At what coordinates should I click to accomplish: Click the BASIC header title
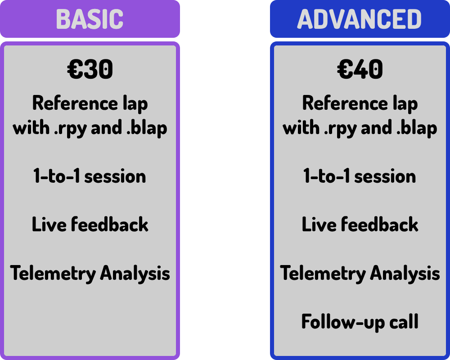[x=90, y=19]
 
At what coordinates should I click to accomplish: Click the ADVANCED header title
[x=360, y=19]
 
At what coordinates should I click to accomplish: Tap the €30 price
[x=90, y=69]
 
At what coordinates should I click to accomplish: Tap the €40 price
[x=360, y=69]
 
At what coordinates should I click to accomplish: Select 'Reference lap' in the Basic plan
[x=90, y=103]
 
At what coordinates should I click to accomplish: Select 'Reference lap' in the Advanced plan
[x=360, y=103]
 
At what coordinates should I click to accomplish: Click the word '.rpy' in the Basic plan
[x=70, y=129]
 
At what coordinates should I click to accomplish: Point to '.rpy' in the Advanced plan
[x=340, y=129]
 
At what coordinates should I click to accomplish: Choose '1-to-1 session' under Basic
[x=90, y=175]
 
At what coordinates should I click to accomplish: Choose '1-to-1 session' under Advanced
[x=360, y=175]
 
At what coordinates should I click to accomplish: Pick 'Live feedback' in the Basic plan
[x=90, y=224]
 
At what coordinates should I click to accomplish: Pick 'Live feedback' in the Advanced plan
[x=360, y=224]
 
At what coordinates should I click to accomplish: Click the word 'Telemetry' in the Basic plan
[x=53, y=274]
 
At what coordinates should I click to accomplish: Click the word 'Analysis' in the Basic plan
[x=135, y=274]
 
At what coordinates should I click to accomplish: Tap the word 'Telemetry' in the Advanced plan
[x=323, y=274]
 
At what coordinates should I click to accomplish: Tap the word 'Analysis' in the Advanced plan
[x=405, y=274]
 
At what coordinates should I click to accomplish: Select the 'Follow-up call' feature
[x=360, y=322]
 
